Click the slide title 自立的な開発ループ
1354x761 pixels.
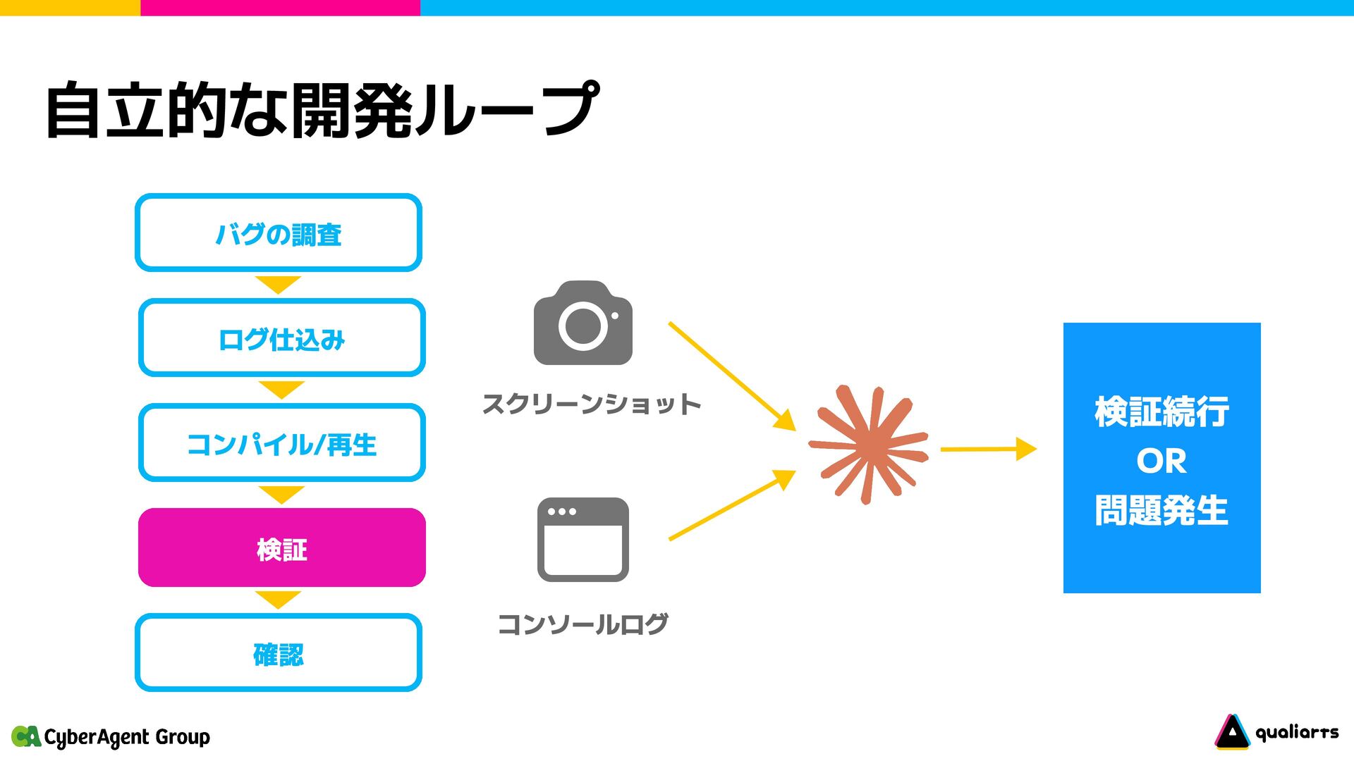322,110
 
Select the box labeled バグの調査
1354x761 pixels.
279,233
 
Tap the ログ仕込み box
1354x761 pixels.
281,338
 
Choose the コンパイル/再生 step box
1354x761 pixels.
281,443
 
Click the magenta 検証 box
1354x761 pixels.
281,548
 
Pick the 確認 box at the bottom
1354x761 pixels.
279,653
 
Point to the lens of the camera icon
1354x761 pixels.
583,326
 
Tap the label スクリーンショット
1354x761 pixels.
591,404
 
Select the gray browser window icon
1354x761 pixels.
583,540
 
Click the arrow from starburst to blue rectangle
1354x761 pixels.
987,449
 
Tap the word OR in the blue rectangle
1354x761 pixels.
1161,462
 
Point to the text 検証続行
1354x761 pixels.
1161,412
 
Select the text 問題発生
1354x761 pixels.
1161,511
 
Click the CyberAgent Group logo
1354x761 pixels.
111,737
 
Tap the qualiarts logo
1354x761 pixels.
1276,733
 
